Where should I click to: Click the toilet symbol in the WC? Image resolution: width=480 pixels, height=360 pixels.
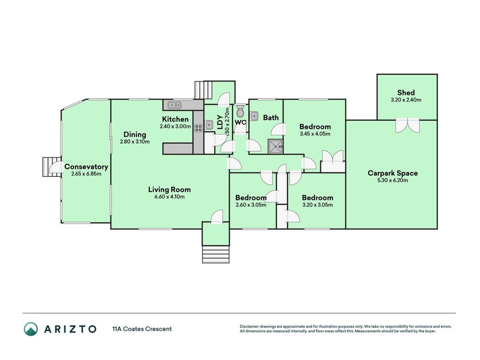click(241, 111)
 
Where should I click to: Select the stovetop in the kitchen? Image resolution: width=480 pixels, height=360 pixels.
click(198, 128)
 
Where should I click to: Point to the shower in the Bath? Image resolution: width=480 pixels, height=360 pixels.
click(275, 146)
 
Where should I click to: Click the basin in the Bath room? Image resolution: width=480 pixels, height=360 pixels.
click(254, 116)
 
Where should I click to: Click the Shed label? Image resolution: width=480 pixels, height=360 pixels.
click(406, 92)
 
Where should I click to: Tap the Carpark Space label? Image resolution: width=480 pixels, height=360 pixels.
click(392, 173)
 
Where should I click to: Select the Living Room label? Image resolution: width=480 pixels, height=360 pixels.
click(169, 190)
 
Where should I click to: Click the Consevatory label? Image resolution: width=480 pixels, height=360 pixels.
click(86, 167)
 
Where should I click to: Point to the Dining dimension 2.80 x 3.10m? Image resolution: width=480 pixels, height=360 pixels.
click(135, 142)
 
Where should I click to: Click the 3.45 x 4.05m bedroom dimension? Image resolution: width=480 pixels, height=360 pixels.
click(315, 134)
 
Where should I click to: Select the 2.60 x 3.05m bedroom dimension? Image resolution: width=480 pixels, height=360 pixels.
click(251, 205)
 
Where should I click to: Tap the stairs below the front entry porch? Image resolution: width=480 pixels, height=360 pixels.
click(216, 254)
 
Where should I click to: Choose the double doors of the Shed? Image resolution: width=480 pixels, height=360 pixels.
click(407, 125)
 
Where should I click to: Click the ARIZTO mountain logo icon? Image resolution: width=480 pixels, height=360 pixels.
click(31, 329)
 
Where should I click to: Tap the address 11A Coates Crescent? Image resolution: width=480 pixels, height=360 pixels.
click(142, 329)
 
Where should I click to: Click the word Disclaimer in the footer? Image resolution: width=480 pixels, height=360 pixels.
click(250, 327)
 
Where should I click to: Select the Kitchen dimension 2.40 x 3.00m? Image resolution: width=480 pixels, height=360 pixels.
click(175, 126)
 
